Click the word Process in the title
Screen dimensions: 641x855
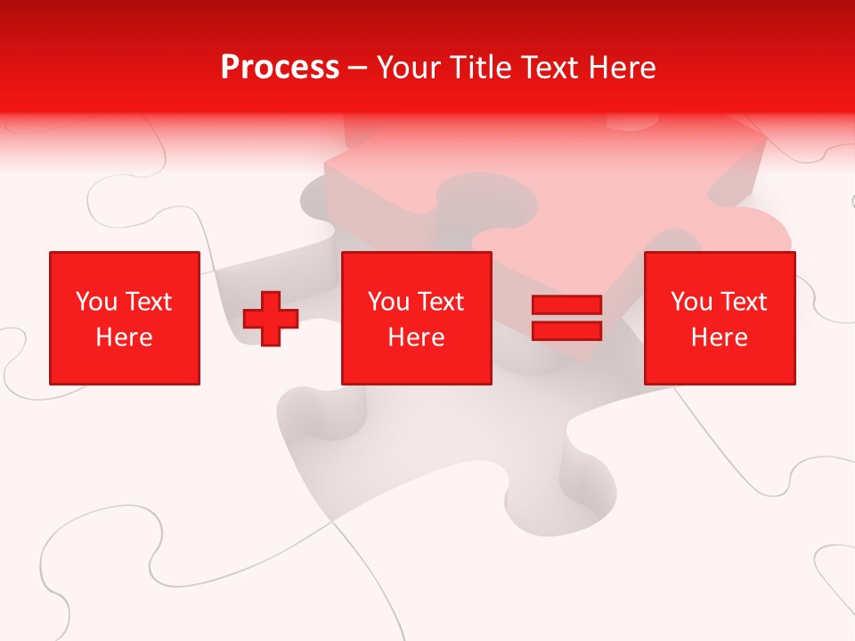coord(280,68)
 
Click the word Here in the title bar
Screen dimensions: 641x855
coord(623,68)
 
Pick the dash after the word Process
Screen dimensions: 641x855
coord(357,69)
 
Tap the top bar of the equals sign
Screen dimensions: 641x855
coord(566,305)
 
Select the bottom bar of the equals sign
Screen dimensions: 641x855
coord(566,331)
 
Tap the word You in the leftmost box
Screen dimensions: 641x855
coord(96,302)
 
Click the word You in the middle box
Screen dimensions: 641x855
coord(388,302)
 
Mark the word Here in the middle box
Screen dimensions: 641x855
coord(416,337)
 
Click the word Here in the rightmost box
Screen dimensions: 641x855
coord(719,337)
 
